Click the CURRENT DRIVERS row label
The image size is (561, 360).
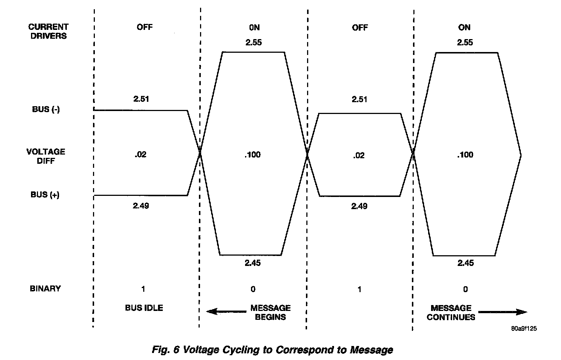tap(48, 31)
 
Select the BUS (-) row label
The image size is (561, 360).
tap(45, 110)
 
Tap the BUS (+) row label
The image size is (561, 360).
tap(45, 195)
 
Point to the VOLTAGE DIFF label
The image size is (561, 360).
tap(46, 156)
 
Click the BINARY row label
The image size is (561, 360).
tap(45, 288)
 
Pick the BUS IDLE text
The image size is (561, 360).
tap(144, 308)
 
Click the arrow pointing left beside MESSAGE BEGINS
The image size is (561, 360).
tap(220, 312)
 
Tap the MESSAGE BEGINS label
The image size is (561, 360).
tap(271, 312)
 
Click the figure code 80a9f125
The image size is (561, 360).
tap(524, 328)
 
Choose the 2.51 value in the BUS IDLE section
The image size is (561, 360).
tap(141, 99)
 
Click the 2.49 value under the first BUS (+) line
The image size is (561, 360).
tap(141, 205)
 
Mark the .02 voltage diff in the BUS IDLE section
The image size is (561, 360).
tap(140, 155)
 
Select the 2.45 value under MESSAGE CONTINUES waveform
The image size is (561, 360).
tap(465, 263)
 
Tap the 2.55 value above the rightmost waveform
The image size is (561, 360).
tap(465, 42)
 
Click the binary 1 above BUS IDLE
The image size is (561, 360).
tap(143, 289)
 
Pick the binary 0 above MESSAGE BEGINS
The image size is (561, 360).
tap(253, 289)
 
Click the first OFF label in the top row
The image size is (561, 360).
tap(144, 27)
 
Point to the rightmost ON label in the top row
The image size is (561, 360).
tap(464, 27)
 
